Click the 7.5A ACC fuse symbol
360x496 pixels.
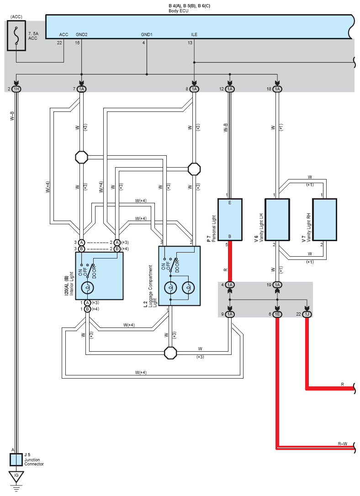[x=16, y=36]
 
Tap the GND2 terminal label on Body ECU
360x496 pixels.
[x=82, y=34]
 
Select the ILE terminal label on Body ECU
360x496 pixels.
[x=194, y=34]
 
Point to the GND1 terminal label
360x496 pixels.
[x=147, y=34]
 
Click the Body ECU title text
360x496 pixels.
[x=179, y=11]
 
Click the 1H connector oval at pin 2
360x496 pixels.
[x=16, y=89]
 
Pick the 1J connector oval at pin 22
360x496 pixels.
[x=307, y=314]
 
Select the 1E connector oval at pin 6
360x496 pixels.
[x=277, y=314]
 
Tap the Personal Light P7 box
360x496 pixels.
[x=230, y=220]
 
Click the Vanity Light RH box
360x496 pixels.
[x=324, y=220]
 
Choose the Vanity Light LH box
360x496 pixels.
[x=277, y=220]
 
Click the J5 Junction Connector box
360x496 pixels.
[x=16, y=459]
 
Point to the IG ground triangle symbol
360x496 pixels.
[x=16, y=477]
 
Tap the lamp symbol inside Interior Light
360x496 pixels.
[x=88, y=288]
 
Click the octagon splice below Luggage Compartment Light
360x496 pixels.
[x=170, y=353]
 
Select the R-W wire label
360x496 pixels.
[x=342, y=444]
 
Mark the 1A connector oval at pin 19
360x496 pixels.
[x=277, y=285]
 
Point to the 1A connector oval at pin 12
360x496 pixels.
[x=230, y=89]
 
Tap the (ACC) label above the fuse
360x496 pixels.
[x=16, y=17]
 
